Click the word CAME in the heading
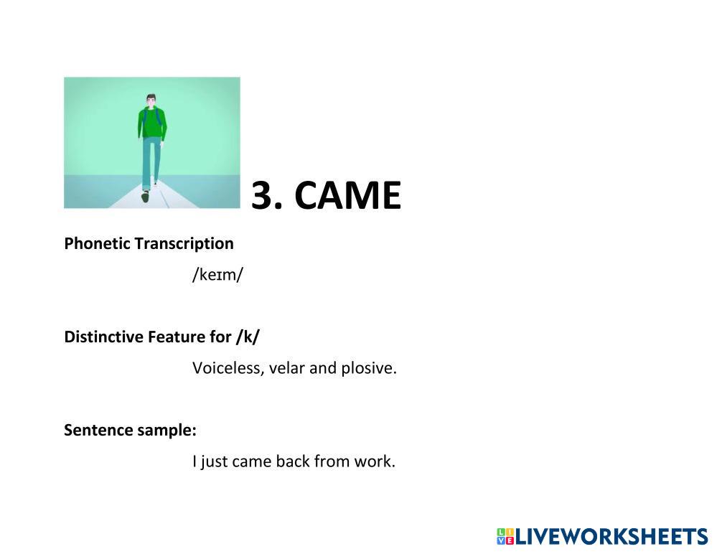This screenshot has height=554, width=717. [x=347, y=195]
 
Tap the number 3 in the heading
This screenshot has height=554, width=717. [x=261, y=195]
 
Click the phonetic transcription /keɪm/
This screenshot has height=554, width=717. [x=217, y=275]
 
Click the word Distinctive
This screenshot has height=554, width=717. [x=104, y=337]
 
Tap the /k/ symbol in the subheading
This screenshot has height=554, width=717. [x=248, y=337]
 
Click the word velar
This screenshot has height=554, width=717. [x=286, y=368]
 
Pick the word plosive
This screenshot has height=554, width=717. [x=369, y=368]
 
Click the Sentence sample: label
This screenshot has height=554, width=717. [x=130, y=431]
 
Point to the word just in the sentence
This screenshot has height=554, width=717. [x=215, y=462]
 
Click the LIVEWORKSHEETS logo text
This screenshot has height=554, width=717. [x=611, y=536]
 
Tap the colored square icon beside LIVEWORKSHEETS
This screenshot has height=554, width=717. [x=505, y=536]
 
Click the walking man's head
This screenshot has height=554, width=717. [x=151, y=100]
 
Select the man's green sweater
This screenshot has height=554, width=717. [x=152, y=123]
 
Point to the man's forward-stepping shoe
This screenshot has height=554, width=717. [x=146, y=197]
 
